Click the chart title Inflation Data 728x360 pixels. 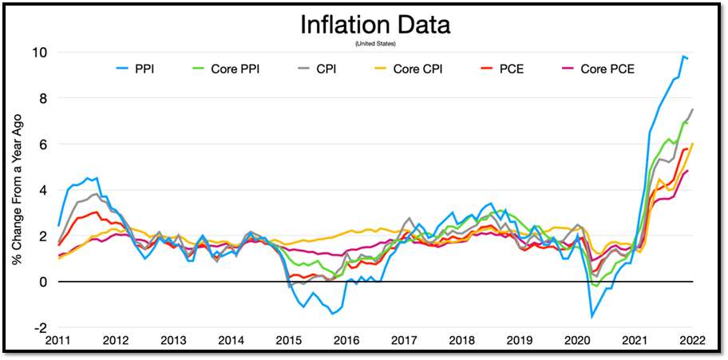[x=374, y=25]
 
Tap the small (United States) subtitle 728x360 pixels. [x=374, y=43]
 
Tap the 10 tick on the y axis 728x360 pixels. [x=40, y=53]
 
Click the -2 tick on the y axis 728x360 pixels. [x=40, y=328]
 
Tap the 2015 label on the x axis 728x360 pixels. [x=288, y=341]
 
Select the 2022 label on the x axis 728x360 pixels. [x=691, y=341]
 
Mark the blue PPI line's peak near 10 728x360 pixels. [x=683, y=57]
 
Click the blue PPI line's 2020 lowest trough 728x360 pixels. [x=592, y=317]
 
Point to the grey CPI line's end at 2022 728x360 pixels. [x=692, y=109]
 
